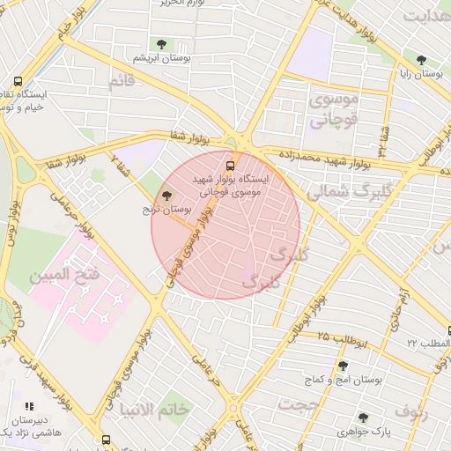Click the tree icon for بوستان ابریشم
(x=160, y=44)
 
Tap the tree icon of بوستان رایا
(x=421, y=61)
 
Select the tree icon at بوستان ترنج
(x=167, y=195)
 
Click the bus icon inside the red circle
(x=232, y=164)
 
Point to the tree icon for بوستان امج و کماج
(x=343, y=366)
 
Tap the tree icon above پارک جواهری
(x=363, y=418)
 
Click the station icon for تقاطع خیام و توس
(x=18, y=79)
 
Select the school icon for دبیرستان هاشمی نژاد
(x=29, y=407)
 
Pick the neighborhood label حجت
(x=297, y=403)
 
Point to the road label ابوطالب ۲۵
(x=323, y=338)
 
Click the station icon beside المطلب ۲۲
(x=448, y=331)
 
